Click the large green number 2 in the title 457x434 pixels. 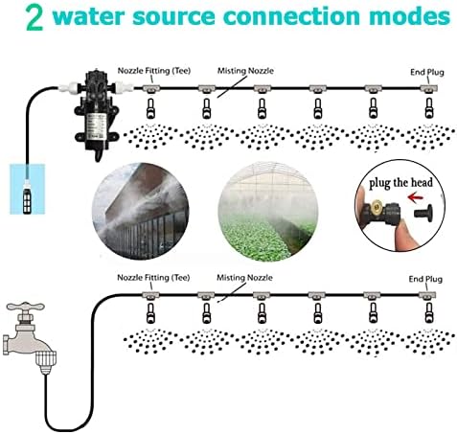point(34,18)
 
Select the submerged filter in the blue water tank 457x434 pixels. point(27,197)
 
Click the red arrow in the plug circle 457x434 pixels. point(416,197)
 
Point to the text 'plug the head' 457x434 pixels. point(400,183)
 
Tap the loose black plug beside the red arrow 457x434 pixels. point(423,213)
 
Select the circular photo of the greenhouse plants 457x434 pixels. point(268,212)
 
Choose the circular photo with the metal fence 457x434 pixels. point(141,211)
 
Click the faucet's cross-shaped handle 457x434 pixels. point(26,308)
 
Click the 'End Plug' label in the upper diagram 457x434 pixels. point(427,72)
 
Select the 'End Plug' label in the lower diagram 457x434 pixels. point(425,279)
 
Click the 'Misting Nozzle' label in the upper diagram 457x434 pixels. point(245,71)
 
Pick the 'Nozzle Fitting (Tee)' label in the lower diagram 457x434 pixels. point(153,278)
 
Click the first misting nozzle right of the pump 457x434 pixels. point(150,108)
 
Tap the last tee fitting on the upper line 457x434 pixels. point(428,89)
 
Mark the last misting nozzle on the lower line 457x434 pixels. point(428,313)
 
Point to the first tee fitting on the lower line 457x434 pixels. point(150,295)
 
